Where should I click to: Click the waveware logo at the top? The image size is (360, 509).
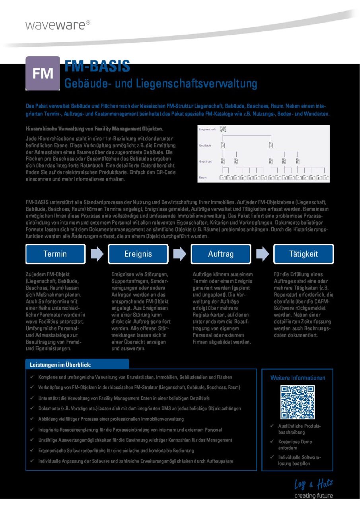pyautogui.click(x=58, y=25)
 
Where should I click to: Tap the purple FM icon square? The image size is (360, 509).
pyautogui.click(x=43, y=73)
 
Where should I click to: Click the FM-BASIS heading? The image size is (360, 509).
pyautogui.click(x=97, y=66)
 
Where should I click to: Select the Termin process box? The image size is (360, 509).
pyautogui.click(x=55, y=254)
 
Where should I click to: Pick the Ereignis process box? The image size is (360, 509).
pyautogui.click(x=138, y=254)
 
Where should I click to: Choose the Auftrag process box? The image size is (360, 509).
pyautogui.click(x=221, y=254)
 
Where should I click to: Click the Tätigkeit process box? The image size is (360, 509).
pyautogui.click(x=304, y=254)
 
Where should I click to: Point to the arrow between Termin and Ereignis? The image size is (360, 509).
pyautogui.click(x=97, y=254)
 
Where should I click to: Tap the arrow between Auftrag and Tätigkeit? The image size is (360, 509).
pyautogui.click(x=262, y=254)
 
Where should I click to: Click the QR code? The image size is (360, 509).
pyautogui.click(x=298, y=402)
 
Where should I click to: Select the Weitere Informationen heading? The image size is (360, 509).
pyautogui.click(x=298, y=378)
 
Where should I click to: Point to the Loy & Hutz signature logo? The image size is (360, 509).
pyautogui.click(x=313, y=484)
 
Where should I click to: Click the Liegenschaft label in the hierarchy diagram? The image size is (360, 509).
pyautogui.click(x=207, y=130)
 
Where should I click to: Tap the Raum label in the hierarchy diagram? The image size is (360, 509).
pyautogui.click(x=203, y=177)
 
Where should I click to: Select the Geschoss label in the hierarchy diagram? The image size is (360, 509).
pyautogui.click(x=205, y=161)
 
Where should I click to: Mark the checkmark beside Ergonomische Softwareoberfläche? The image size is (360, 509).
pyautogui.click(x=31, y=451)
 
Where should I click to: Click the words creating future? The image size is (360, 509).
pyautogui.click(x=313, y=496)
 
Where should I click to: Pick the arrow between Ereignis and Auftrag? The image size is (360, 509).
pyautogui.click(x=179, y=254)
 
